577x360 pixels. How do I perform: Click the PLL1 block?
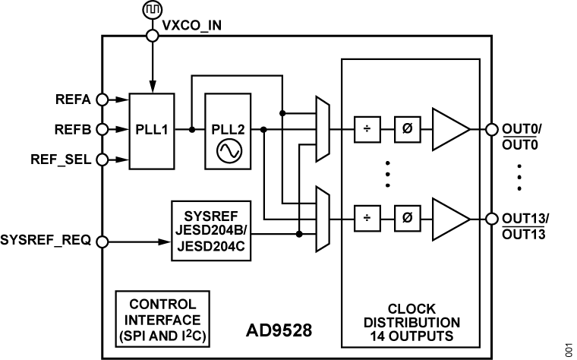pos(152,130)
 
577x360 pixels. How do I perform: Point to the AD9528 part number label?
pos(279,331)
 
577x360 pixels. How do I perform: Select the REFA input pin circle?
pos(102,99)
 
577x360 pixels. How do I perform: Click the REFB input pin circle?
pos(102,129)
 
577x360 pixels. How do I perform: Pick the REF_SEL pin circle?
pos(102,159)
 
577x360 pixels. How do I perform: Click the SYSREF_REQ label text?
pos(46,242)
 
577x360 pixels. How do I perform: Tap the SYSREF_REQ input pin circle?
pos(102,242)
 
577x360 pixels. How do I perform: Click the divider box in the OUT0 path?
pos(367,129)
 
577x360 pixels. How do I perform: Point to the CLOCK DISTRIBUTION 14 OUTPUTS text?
pos(411,322)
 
